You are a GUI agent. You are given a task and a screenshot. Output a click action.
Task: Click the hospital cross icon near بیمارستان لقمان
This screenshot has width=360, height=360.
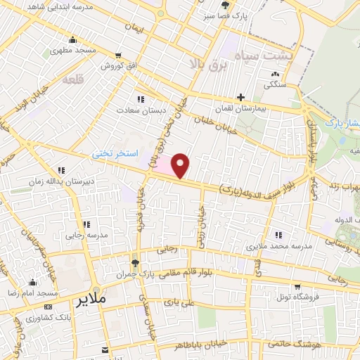click(240, 97)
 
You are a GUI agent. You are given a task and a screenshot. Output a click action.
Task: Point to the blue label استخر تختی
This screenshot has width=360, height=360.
click(117, 153)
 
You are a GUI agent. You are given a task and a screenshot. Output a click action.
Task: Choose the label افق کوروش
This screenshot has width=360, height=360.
click(117, 66)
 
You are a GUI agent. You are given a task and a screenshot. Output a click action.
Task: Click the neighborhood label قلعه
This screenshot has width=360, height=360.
click(73, 80)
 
